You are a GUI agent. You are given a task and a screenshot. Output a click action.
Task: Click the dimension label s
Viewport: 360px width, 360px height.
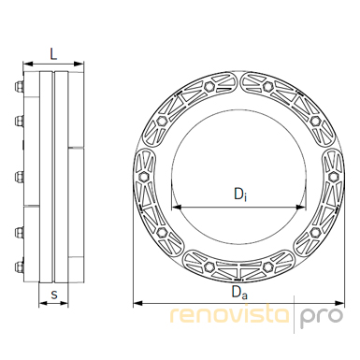[x=54, y=294]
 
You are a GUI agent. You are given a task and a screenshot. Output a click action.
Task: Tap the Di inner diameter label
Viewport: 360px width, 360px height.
[x=240, y=194]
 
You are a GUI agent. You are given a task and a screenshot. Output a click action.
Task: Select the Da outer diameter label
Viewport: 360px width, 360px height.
[x=239, y=293]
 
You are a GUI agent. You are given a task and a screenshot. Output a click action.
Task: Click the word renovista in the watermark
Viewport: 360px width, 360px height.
[x=230, y=314]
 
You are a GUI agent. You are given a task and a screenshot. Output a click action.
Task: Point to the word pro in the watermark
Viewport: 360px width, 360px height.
[x=322, y=317]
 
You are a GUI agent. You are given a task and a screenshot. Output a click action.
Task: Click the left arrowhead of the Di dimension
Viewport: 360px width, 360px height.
[x=176, y=207]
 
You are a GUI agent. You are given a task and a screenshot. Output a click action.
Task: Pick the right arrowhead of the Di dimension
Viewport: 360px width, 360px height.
[x=301, y=207]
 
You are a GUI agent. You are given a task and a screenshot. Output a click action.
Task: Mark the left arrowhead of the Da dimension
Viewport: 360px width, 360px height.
[x=138, y=303]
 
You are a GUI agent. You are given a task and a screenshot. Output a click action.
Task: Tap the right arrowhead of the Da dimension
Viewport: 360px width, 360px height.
[x=339, y=303]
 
